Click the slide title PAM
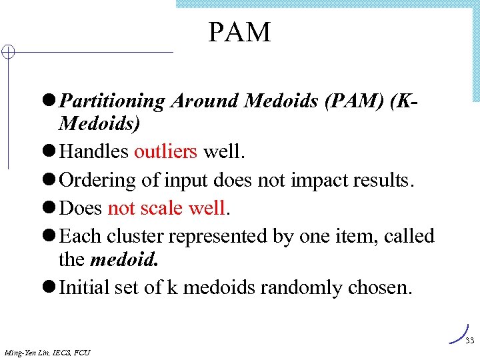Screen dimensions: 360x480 [x=239, y=32]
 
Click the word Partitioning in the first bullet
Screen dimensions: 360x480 [x=112, y=101]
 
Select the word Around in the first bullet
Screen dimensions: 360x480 [x=205, y=101]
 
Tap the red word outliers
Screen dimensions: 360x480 [x=165, y=151]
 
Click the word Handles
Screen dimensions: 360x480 [x=94, y=151]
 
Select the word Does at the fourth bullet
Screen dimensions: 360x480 [x=81, y=208]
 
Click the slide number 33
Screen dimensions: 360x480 [x=469, y=341]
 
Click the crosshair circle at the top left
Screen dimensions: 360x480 [x=7, y=52]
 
